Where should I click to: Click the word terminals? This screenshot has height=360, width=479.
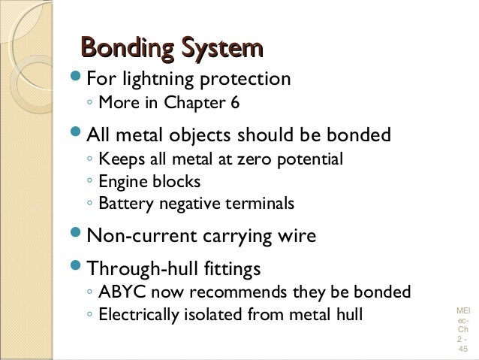[264, 204]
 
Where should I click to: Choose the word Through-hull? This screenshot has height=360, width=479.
[137, 268]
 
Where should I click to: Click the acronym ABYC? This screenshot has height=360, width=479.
[119, 292]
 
